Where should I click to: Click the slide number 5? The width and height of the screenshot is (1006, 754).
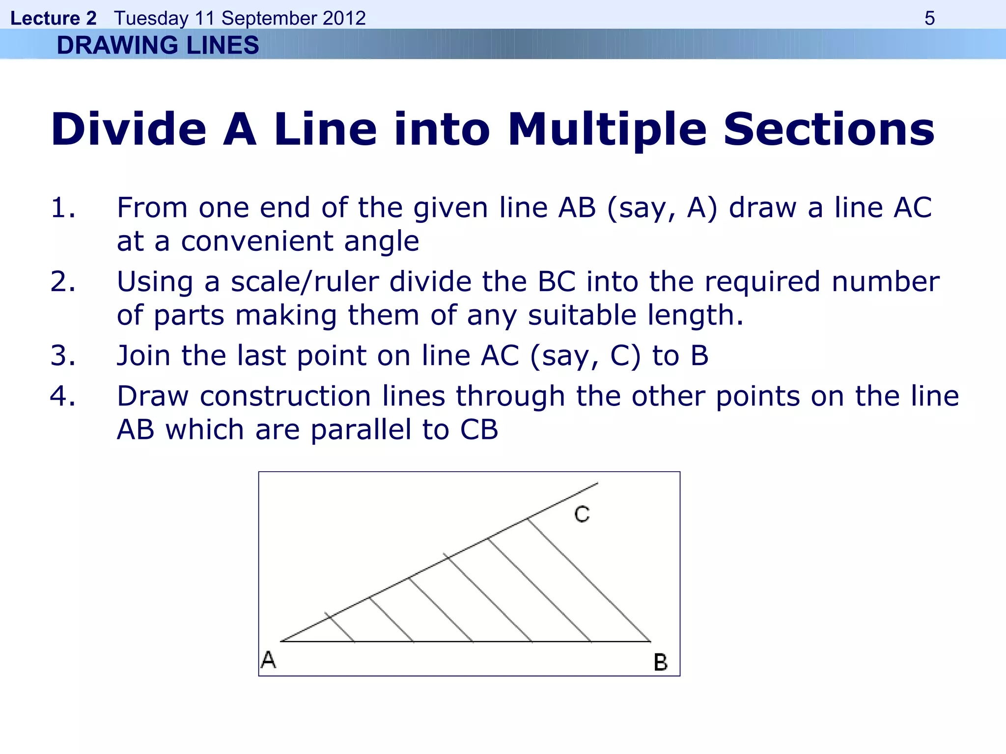point(929,18)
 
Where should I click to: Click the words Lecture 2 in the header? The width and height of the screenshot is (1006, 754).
point(53,18)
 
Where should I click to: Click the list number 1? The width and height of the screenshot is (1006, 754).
point(62,207)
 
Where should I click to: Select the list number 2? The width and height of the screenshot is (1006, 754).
point(62,282)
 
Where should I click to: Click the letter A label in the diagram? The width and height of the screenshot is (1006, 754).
point(268,659)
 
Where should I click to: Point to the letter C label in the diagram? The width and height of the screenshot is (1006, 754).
point(582,514)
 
